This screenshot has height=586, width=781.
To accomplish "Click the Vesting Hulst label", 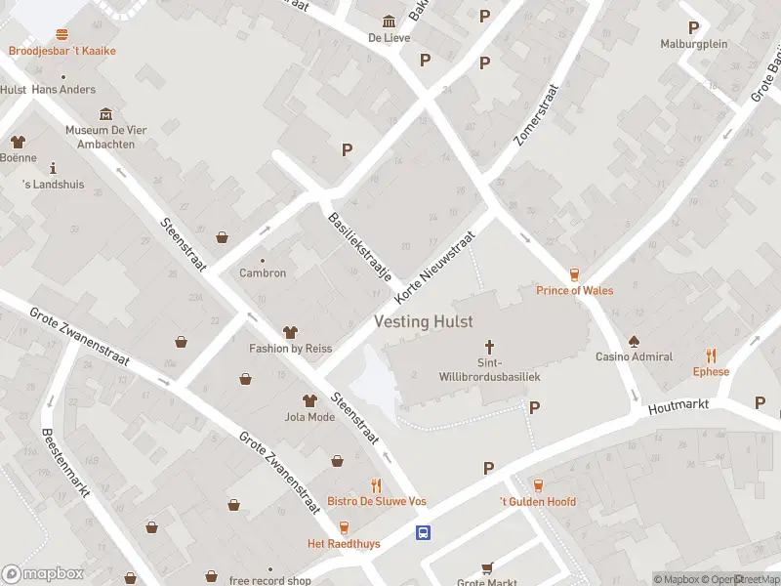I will tap(424, 321).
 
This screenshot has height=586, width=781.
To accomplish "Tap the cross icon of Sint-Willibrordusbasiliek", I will tap(490, 347).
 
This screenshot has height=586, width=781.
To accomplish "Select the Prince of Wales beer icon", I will tap(575, 274).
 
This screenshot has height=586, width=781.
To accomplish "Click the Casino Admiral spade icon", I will tap(634, 341).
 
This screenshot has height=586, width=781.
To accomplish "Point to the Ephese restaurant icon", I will tap(711, 356).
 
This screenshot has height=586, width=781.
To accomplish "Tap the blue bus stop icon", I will tap(424, 532).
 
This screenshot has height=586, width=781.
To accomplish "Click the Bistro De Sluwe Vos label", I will tap(376, 501).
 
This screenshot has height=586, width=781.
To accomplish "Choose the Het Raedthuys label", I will tap(344, 543).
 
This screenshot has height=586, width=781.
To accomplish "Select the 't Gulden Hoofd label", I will tap(538, 502).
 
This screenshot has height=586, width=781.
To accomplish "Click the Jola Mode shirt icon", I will tap(309, 400).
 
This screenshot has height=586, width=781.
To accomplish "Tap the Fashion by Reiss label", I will tap(290, 349).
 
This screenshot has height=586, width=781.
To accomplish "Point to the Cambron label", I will tap(263, 272).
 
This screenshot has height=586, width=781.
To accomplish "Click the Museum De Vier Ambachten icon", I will tap(105, 114).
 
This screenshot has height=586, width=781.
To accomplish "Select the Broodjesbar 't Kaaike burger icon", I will tap(62, 35).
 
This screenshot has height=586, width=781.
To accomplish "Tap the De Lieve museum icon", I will tap(390, 22).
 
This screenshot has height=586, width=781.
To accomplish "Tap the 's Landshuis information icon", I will tap(53, 168).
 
